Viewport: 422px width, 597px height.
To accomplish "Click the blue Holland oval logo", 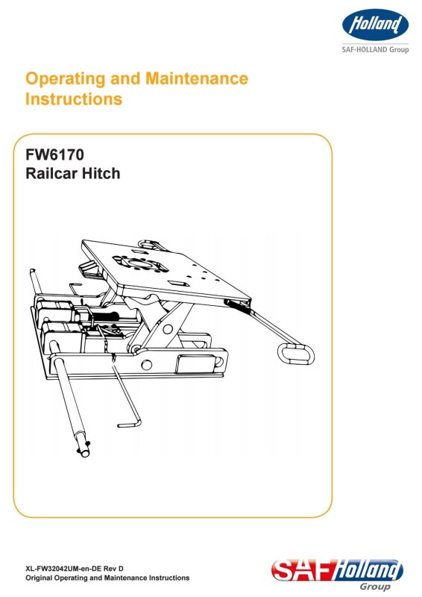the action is tap(375, 25).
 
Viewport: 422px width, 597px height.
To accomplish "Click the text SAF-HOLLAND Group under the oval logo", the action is tap(375, 49).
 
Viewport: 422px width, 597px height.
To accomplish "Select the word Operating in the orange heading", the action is tap(66, 79).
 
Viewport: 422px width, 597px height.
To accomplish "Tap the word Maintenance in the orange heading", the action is tap(197, 78).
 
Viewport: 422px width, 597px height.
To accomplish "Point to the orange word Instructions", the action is tap(74, 99).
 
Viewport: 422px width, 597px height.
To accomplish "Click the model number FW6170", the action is tap(54, 155).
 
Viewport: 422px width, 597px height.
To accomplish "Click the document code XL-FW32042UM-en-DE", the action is tap(63, 569).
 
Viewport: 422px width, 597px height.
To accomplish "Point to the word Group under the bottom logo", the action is tap(375, 587).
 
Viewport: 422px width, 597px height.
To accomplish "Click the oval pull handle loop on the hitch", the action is tap(296, 354).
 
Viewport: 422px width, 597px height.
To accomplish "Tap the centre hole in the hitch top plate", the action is tap(142, 264).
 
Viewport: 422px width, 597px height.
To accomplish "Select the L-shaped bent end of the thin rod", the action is tap(130, 423).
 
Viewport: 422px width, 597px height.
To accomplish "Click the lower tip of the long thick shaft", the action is tap(84, 452).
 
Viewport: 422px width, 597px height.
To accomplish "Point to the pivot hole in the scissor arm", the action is tap(168, 329).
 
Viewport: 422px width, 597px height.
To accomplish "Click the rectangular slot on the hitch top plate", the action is tap(176, 284).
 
